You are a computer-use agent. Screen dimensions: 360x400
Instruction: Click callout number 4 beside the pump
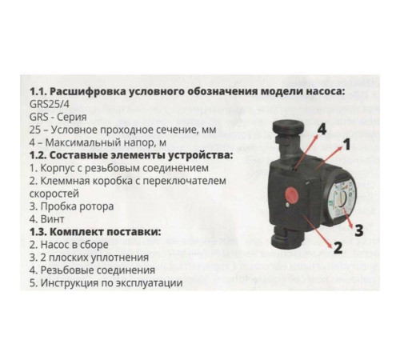pos(322,129)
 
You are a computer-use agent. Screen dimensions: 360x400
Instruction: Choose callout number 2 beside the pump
pos(337,247)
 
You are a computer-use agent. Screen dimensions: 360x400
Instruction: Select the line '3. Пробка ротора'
pos(70,206)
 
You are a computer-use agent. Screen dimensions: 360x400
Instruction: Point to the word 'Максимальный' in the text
pos(78,141)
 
